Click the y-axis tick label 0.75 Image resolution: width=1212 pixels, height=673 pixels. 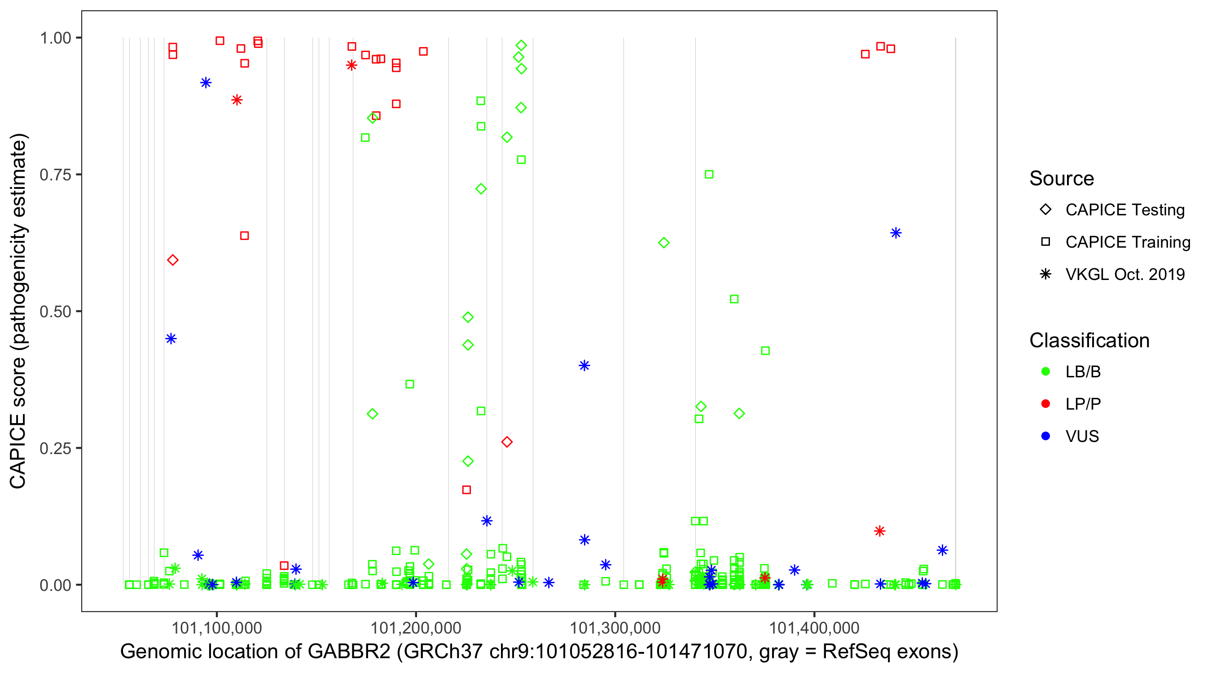click(x=55, y=175)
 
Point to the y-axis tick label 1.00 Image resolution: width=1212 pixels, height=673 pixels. click(x=55, y=38)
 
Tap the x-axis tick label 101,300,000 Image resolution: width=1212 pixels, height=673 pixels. click(x=615, y=628)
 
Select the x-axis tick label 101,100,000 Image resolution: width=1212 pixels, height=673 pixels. click(x=216, y=628)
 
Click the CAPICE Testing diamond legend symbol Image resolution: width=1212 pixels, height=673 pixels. click(x=1045, y=210)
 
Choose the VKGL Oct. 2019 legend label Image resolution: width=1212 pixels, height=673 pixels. click(x=1125, y=275)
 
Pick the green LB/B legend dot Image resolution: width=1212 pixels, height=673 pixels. click(x=1045, y=372)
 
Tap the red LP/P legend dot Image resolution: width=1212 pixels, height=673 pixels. click(x=1045, y=404)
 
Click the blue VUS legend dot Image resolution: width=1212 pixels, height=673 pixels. click(x=1045, y=437)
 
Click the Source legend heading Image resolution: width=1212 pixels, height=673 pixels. click(x=1062, y=179)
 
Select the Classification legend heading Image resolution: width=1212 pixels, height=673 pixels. click(x=1089, y=341)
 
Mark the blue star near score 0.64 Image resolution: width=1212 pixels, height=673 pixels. click(x=896, y=233)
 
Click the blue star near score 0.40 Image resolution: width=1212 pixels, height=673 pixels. click(x=584, y=365)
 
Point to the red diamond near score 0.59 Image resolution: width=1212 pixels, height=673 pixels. click(x=173, y=260)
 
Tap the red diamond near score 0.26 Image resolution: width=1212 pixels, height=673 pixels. click(x=507, y=442)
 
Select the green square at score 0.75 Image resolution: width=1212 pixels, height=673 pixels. click(x=709, y=175)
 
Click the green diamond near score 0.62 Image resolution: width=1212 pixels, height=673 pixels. click(x=664, y=243)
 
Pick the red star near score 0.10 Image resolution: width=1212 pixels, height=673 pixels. click(x=879, y=531)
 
